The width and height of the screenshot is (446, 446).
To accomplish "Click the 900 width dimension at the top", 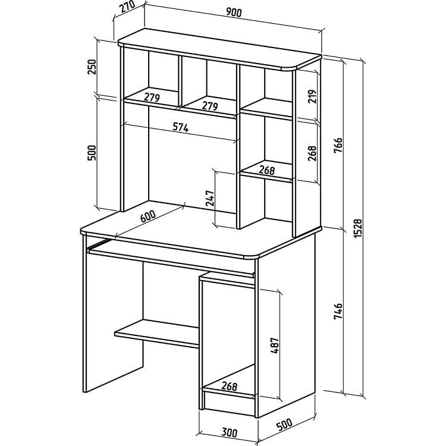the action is tap(234, 12).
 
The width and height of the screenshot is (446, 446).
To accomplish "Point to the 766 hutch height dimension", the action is tap(338, 145).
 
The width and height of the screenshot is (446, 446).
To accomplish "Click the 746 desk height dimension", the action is tap(338, 311).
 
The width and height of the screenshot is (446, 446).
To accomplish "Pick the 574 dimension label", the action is tap(181, 127).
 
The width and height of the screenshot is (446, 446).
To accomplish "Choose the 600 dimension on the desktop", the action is tap(148, 216).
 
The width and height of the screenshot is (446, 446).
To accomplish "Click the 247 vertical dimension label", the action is tap(210, 198).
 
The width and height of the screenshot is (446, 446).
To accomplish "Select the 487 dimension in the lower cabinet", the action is tap(275, 346).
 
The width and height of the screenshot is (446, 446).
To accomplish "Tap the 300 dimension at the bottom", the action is tap(230, 433).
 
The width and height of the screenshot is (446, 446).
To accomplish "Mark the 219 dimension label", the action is tap(312, 96).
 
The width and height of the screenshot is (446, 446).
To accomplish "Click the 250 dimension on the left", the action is tap(92, 67).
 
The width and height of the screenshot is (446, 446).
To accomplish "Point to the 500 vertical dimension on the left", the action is tap(92, 153).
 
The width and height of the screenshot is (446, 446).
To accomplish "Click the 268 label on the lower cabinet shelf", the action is tap(230, 386).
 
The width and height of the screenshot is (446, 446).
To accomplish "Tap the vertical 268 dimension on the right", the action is tap(312, 153).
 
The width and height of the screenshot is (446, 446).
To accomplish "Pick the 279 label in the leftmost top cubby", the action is tap(152, 98).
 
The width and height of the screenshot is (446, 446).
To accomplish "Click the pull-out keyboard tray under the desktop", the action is tap(171, 258).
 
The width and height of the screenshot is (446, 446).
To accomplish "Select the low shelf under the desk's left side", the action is tap(157, 334).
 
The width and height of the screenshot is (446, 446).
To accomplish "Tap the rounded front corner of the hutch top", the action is tap(290, 68).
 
